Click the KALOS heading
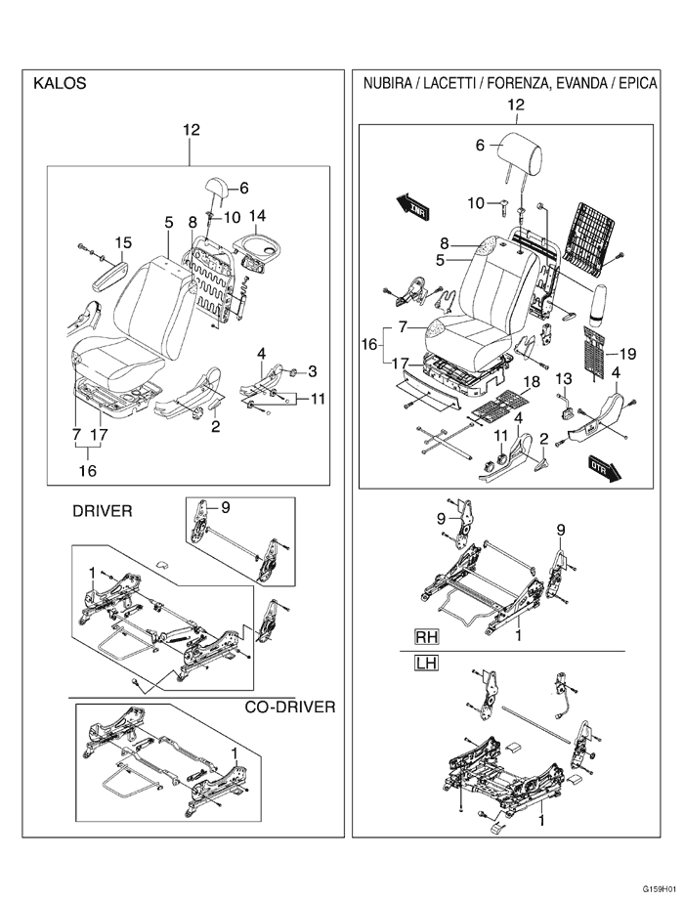pyautogui.click(x=60, y=84)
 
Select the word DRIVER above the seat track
pyautogui.click(x=103, y=511)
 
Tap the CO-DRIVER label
pyautogui.click(x=289, y=707)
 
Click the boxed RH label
pyautogui.click(x=426, y=636)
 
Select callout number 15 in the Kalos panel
pyautogui.click(x=122, y=242)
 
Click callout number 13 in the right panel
pyautogui.click(x=564, y=378)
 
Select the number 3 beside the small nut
pyautogui.click(x=313, y=370)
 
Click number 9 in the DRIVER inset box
pyautogui.click(x=225, y=506)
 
